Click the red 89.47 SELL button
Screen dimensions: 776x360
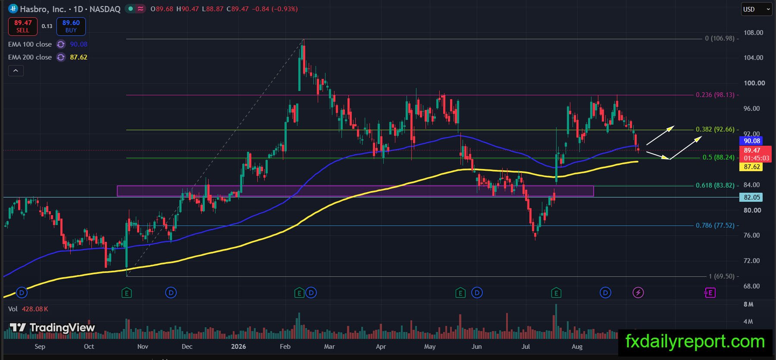[23, 26]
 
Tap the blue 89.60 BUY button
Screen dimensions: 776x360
[71, 26]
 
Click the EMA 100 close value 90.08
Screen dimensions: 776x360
[79, 44]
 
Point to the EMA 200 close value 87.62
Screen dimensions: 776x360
[79, 57]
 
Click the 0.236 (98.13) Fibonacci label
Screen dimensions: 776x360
[715, 95]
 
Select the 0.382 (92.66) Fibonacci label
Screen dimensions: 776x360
[715, 129]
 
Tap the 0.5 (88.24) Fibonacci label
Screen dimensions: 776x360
[719, 157]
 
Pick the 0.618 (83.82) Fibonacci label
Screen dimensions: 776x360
[715, 185]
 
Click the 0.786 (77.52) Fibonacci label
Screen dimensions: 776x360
[715, 225]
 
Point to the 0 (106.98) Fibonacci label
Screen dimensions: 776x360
[720, 38]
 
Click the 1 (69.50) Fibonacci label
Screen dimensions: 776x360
[722, 276]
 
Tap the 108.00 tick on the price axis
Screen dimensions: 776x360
[753, 33]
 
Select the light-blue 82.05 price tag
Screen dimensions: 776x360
[752, 197]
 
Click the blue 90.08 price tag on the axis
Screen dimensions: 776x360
[752, 141]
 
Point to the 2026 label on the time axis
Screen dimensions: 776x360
[238, 347]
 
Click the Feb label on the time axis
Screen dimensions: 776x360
[285, 347]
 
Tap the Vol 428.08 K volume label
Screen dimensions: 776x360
[28, 309]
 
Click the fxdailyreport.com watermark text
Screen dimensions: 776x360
[695, 341]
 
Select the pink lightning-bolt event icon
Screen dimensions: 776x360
[638, 293]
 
